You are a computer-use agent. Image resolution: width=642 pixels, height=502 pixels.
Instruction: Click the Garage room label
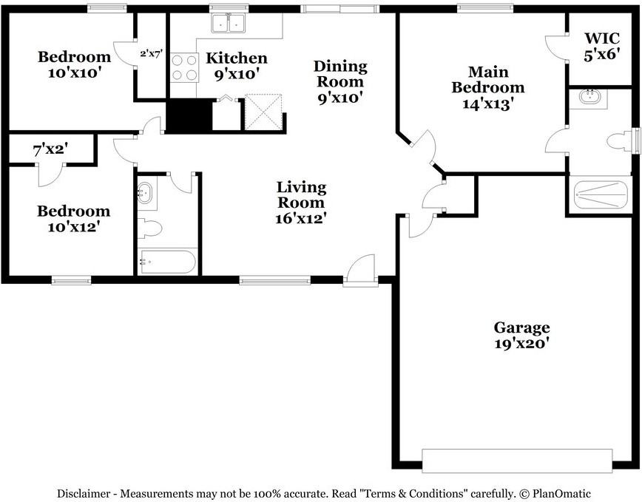[521, 328]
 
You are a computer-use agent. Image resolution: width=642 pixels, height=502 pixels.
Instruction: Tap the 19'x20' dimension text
[521, 344]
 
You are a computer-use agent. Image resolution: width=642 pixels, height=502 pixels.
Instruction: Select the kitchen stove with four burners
[184, 68]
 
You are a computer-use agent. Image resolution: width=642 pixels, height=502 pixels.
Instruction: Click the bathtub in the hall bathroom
[167, 262]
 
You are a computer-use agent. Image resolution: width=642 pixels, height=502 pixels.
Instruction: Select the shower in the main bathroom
[601, 194]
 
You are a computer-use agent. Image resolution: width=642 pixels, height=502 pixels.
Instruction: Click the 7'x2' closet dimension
[50, 150]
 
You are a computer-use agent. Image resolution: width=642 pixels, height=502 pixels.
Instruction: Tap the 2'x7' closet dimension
[152, 53]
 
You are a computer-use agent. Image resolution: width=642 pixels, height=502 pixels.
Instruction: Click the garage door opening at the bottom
[517, 461]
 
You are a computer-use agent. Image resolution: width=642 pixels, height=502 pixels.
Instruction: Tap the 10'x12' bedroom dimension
[74, 227]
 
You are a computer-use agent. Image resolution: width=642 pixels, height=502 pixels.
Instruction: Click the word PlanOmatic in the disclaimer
[561, 493]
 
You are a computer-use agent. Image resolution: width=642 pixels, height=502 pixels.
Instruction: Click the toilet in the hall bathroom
[149, 228]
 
